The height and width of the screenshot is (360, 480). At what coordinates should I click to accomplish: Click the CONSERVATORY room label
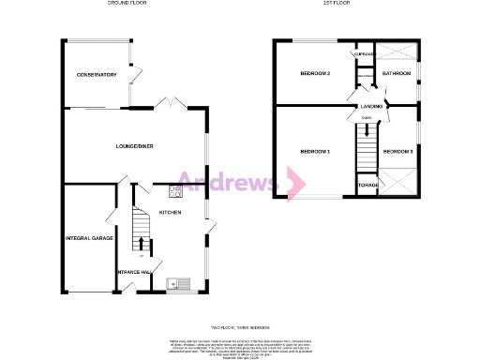coord(97,74)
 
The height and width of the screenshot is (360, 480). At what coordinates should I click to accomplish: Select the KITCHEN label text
coord(170,213)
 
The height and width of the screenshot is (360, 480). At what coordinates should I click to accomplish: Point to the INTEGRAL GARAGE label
coord(89,238)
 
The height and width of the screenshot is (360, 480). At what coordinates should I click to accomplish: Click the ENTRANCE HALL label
coord(134,273)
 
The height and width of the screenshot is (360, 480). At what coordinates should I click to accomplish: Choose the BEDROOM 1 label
coord(315,151)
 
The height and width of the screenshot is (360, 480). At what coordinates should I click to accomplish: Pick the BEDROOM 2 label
coord(315,73)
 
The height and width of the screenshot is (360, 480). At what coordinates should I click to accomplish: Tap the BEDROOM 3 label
coord(397,151)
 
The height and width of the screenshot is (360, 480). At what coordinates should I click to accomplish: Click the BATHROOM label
coord(396,73)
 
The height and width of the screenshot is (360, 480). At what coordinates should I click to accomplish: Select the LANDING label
coord(372,107)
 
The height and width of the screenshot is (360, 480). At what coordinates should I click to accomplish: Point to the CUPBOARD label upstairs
coord(363,54)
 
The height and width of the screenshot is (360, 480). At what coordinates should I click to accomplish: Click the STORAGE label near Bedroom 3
coord(367,185)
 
